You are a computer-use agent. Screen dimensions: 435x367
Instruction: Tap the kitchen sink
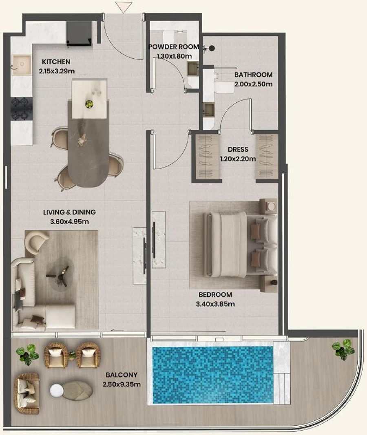[21, 64]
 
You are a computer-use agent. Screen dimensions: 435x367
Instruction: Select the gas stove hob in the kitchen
[21, 108]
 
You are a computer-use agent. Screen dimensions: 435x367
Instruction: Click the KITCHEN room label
[56, 62]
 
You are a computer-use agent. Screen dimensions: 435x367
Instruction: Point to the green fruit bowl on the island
[89, 104]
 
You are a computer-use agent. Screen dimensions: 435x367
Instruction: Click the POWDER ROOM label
[173, 47]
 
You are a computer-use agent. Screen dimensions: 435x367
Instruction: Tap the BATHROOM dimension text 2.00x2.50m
[253, 84]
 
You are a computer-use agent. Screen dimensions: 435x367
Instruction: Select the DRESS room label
[238, 150]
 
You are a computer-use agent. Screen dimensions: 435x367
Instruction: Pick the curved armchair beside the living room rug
[36, 241]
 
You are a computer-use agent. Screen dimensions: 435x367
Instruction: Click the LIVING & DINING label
[69, 212]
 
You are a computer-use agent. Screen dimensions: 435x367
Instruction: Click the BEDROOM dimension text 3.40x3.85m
[216, 304]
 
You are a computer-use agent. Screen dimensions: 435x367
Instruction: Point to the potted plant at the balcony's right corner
[343, 349]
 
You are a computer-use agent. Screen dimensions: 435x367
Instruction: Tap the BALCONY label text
[121, 375]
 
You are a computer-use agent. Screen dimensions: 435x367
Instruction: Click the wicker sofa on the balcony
[27, 393]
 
